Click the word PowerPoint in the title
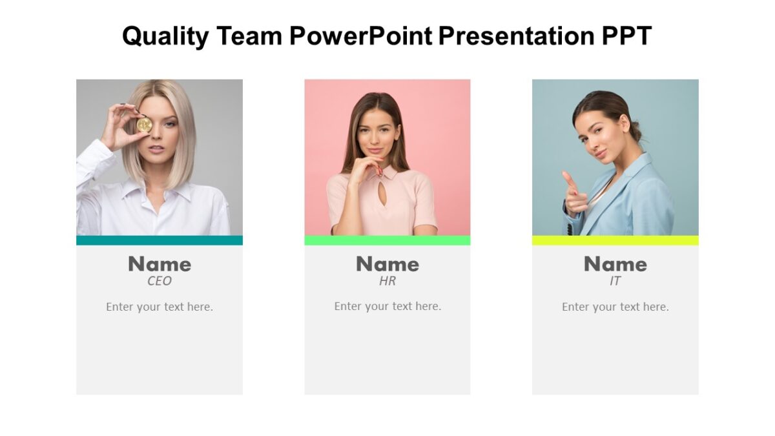[x=360, y=36]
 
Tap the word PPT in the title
[x=626, y=36]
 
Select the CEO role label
[x=160, y=282]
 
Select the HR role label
[x=387, y=282]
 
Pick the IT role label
[x=615, y=282]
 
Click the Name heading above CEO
[x=160, y=264]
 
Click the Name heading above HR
[x=387, y=264]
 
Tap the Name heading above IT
[x=615, y=264]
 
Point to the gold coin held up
[x=144, y=125]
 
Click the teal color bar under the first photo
[x=160, y=240]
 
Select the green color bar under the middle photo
[x=387, y=240]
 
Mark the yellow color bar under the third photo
[x=615, y=240]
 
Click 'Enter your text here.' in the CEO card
[x=160, y=307]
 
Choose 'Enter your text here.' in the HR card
[x=387, y=307]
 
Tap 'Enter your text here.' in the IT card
[x=615, y=307]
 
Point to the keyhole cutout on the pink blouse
[x=382, y=195]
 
